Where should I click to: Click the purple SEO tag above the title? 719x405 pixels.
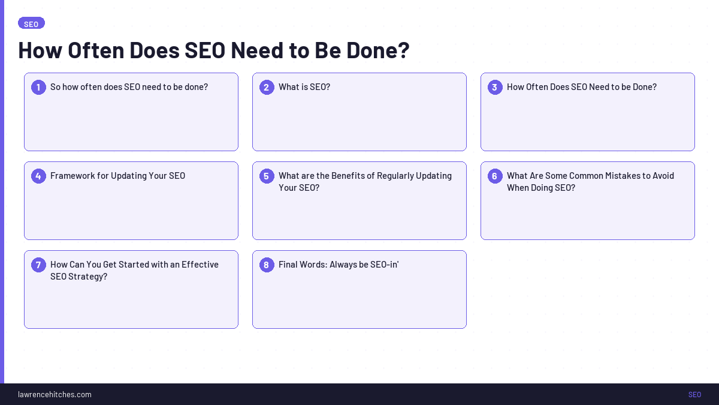[31, 23]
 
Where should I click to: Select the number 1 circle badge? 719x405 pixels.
[38, 87]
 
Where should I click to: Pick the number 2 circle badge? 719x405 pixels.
[267, 87]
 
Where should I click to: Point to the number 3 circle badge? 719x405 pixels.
[495, 87]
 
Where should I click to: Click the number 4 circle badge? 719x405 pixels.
[38, 176]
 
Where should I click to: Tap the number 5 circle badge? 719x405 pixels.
[267, 176]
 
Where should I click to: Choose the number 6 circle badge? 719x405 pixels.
[495, 176]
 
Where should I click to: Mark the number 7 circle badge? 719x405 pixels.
[38, 265]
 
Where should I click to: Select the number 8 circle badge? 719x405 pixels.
[267, 265]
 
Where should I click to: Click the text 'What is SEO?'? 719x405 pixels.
[304, 87]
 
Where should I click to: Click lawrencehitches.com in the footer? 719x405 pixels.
[55, 394]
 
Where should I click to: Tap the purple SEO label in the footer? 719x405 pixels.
[694, 394]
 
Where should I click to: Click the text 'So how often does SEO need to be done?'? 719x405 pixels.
[129, 87]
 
